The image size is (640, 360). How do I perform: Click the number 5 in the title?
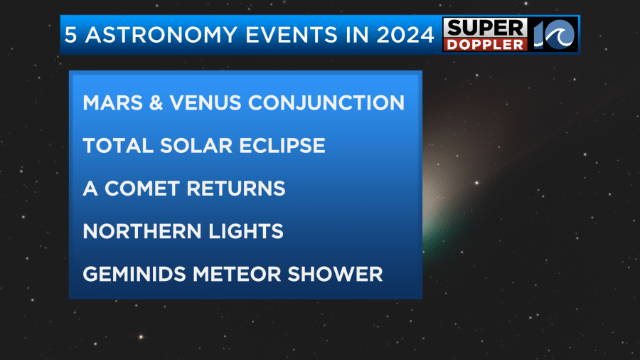pyautogui.click(x=70, y=35)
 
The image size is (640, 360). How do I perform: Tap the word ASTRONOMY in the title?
pyautogui.click(x=161, y=35)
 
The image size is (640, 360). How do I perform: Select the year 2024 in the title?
pyautogui.click(x=405, y=35)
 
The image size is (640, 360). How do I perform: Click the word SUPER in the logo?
pyautogui.click(x=485, y=28)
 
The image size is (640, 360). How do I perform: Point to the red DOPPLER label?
pyautogui.click(x=485, y=45)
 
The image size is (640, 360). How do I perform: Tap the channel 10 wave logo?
pyautogui.click(x=554, y=34)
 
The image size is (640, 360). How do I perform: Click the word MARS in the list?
pyautogui.click(x=112, y=103)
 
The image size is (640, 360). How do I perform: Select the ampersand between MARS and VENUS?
pyautogui.click(x=156, y=103)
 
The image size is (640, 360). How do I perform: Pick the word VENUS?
pyautogui.click(x=206, y=103)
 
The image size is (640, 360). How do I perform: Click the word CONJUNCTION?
pyautogui.click(x=326, y=103)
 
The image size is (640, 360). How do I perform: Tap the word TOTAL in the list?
pyautogui.click(x=118, y=146)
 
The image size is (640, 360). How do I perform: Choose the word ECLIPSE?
pyautogui.click(x=282, y=146)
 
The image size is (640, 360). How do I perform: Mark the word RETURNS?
pyautogui.click(x=236, y=189)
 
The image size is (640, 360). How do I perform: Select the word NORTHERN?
pyautogui.click(x=142, y=231)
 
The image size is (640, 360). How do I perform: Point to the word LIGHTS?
pyautogui.click(x=246, y=231)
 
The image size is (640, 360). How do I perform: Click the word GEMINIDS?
pyautogui.click(x=134, y=275)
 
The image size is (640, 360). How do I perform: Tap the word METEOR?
pyautogui.click(x=237, y=275)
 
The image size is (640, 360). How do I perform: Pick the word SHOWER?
pyautogui.click(x=335, y=275)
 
